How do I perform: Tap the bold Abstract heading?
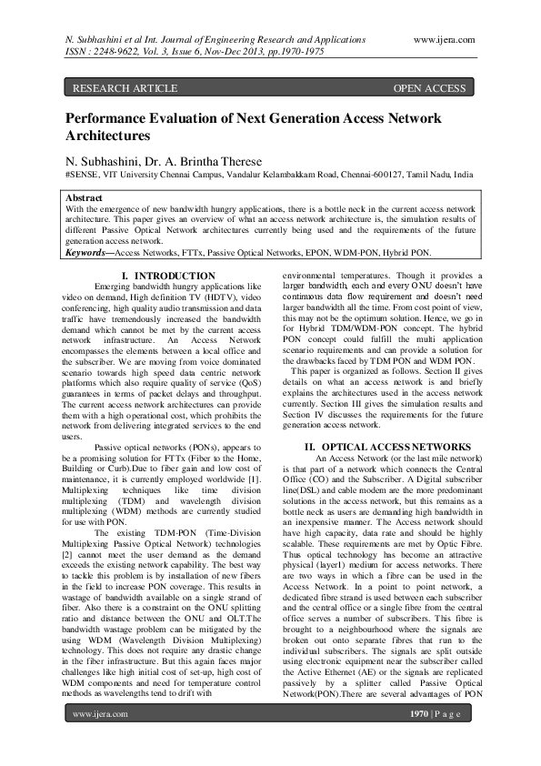click(x=85, y=197)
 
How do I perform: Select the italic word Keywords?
click(x=87, y=252)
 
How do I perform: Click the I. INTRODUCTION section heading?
click(x=168, y=275)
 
